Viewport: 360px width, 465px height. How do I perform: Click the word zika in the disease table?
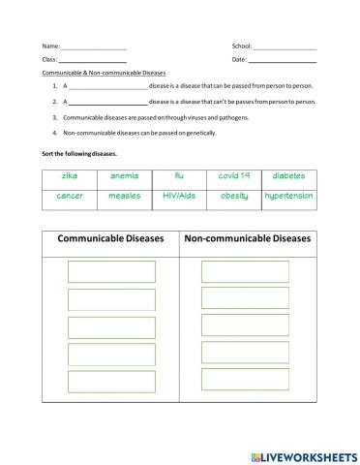69,176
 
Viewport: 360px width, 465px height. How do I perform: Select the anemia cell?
124,176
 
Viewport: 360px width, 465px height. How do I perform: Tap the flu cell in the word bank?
179,176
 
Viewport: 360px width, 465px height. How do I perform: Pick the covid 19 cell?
234,176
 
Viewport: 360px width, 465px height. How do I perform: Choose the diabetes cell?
289,176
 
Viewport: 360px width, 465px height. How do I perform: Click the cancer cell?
69,196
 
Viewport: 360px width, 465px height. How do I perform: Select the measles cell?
124,196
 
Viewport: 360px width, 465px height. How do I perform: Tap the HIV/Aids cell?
179,196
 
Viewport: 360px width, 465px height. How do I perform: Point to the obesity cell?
234,196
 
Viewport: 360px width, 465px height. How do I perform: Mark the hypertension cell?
289,196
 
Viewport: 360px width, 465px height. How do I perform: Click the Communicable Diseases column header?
110,238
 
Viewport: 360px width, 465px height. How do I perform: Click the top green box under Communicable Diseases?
111,272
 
